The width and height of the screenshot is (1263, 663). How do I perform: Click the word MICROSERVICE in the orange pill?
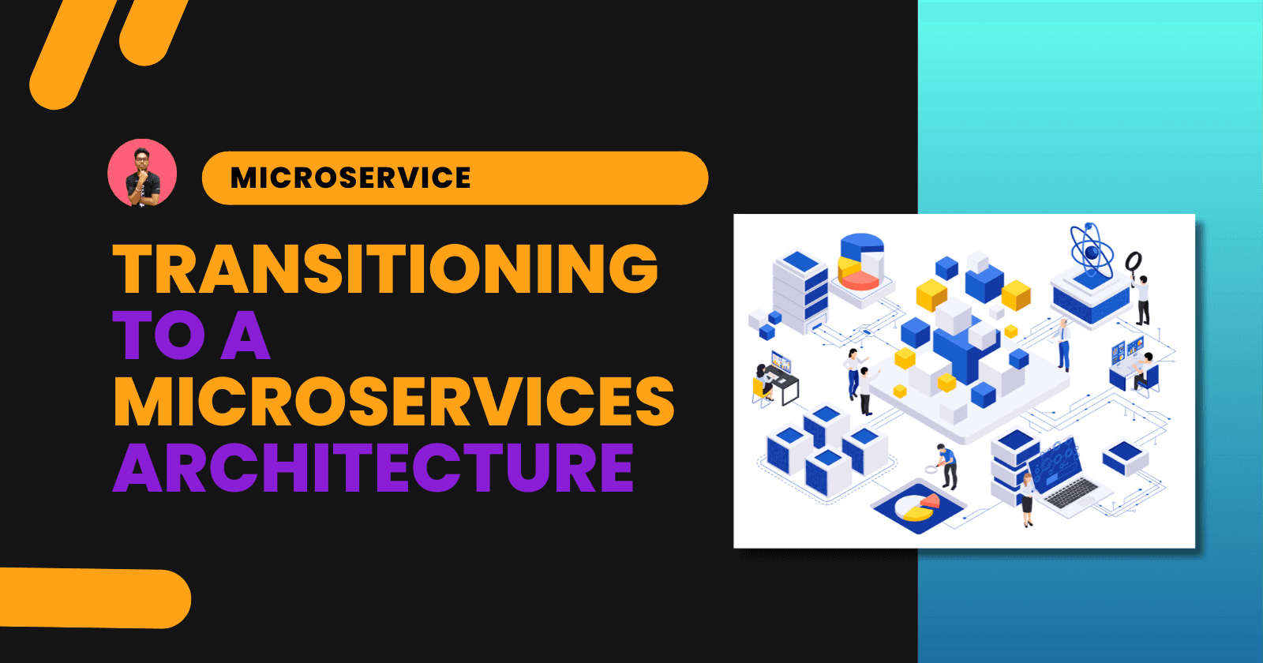[350, 178]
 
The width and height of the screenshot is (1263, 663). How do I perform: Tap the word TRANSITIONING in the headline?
[385, 268]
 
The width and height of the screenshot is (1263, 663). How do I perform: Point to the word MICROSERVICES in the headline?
[393, 401]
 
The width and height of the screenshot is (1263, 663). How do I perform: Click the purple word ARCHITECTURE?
[373, 467]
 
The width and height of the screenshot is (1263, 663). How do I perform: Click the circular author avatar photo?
[142, 174]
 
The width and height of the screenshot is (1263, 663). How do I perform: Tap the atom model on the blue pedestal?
[1091, 251]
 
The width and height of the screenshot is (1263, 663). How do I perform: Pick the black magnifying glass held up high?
[1134, 261]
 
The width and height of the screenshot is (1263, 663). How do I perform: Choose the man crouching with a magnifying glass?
[946, 465]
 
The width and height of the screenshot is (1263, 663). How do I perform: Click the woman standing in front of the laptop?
[1027, 499]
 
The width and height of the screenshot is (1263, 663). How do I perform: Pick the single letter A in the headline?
[245, 335]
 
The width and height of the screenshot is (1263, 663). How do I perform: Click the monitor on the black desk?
[780, 362]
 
